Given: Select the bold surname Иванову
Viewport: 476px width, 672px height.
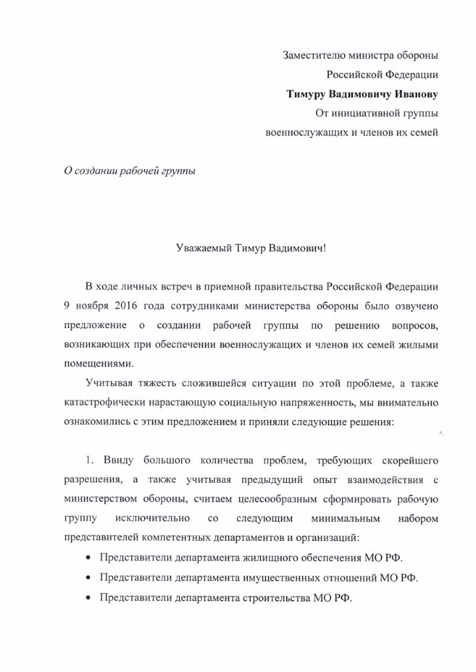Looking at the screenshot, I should [x=412, y=94].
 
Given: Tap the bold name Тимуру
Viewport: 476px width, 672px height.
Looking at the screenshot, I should [x=307, y=94].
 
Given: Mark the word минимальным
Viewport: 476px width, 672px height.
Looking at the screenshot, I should [x=346, y=519].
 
